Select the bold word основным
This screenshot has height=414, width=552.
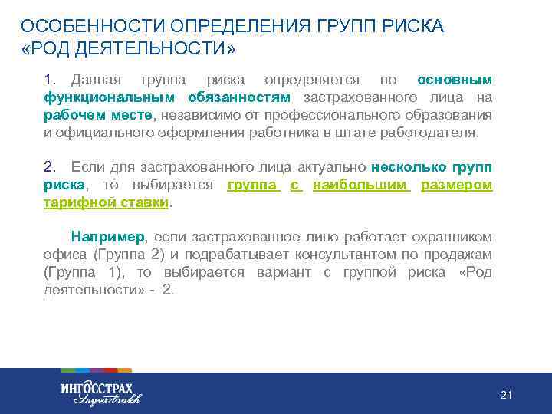coord(455,80)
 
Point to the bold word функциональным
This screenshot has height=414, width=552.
coord(110,97)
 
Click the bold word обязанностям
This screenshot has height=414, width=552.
coord(241,97)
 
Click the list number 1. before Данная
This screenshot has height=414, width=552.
coord(51,80)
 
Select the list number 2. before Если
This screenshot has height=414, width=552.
coord(51,167)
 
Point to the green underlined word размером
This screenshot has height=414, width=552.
coord(456,185)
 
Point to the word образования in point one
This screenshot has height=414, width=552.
coord(447,115)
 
